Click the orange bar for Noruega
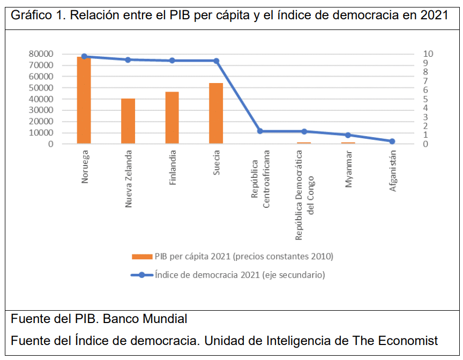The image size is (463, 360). tap(84, 100)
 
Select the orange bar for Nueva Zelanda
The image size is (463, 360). tap(128, 121)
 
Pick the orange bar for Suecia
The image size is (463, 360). tap(216, 113)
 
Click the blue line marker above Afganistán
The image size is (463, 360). tap(392, 141)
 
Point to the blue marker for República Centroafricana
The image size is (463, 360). tap(260, 131)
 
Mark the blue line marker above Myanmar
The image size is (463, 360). tap(348, 135)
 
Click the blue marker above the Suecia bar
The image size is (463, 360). tap(216, 61)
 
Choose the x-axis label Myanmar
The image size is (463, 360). tap(348, 170)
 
